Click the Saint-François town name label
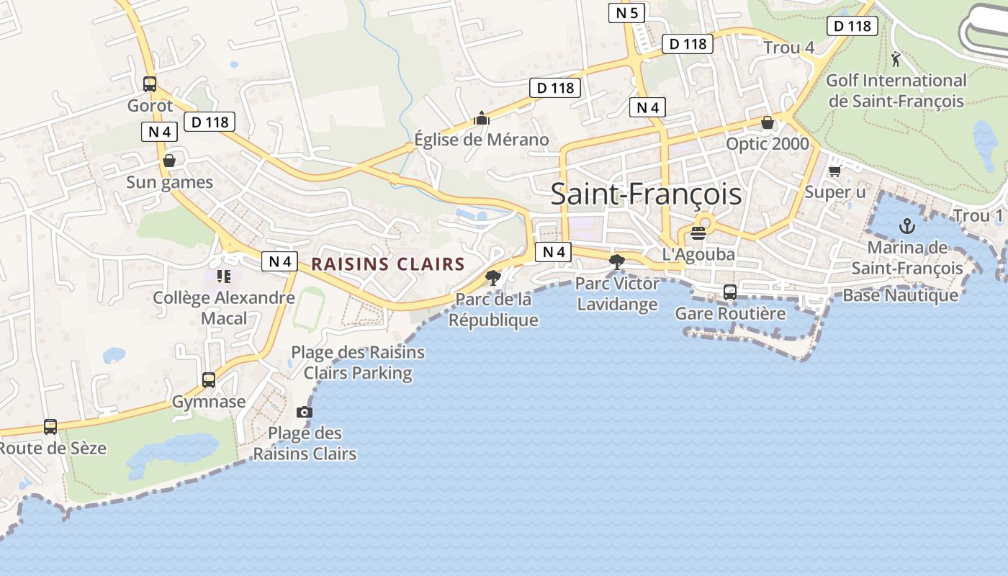click(x=646, y=194)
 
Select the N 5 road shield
click(x=626, y=12)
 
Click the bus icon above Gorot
click(x=150, y=84)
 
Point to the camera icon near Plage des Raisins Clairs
click(x=305, y=412)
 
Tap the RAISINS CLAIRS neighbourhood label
click(x=388, y=264)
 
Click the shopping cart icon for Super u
click(x=834, y=171)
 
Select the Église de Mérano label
click(x=481, y=140)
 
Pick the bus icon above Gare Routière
click(x=729, y=292)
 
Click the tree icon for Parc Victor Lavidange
click(x=616, y=261)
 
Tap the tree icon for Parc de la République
click(x=493, y=277)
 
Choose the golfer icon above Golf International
click(x=896, y=59)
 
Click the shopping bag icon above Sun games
click(x=169, y=160)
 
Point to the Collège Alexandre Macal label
click(x=224, y=307)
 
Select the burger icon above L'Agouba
click(x=698, y=233)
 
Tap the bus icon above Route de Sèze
click(x=50, y=427)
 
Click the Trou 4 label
click(x=788, y=48)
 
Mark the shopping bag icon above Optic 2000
click(x=768, y=122)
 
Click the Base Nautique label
click(x=900, y=295)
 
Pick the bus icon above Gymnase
click(x=209, y=379)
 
